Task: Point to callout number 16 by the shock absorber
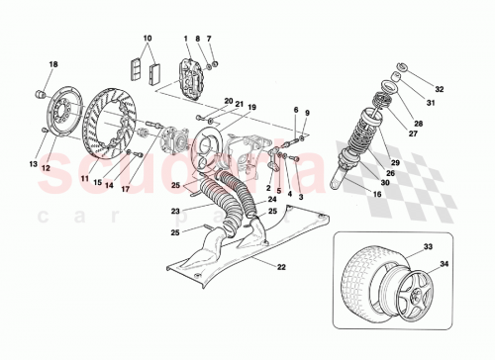[x=379, y=196]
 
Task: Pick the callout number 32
[x=441, y=88]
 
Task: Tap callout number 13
[x=33, y=164]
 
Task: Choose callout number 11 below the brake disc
[x=85, y=178]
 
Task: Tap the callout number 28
[x=419, y=123]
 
